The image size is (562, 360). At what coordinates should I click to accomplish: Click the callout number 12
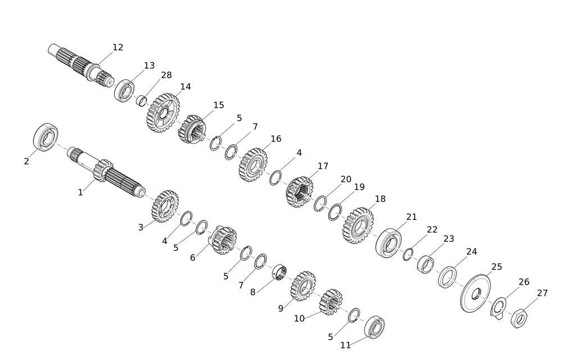point(117,47)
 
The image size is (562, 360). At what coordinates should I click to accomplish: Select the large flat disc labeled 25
point(475,293)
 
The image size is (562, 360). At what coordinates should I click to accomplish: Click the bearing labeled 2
point(46,137)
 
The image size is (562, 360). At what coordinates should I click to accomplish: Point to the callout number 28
point(166,75)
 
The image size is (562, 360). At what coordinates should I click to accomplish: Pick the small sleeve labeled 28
point(142,101)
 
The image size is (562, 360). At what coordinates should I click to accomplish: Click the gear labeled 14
point(163,113)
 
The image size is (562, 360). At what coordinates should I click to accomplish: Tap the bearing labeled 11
point(374,326)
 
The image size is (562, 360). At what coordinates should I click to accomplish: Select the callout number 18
point(380,199)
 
